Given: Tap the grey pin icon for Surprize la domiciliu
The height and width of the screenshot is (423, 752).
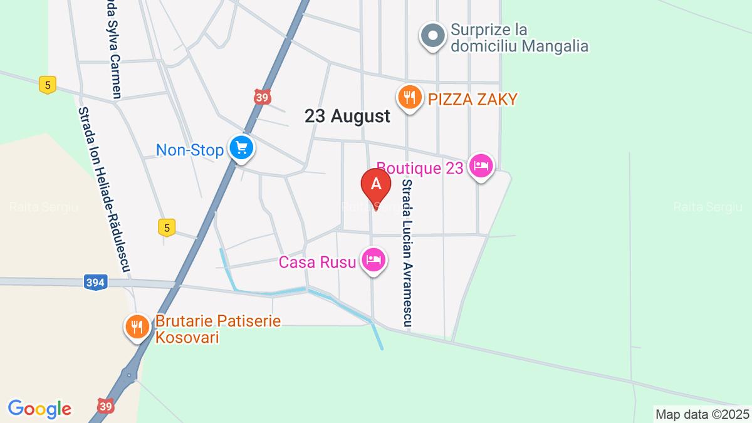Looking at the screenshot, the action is click(432, 35).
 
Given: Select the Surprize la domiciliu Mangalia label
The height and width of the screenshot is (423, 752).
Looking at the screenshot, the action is click(520, 38).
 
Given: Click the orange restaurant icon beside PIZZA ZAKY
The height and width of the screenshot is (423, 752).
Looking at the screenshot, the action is click(409, 98).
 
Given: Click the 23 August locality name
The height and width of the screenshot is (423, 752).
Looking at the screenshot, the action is click(347, 116).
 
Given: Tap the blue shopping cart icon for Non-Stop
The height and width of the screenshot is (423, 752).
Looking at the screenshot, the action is click(241, 149).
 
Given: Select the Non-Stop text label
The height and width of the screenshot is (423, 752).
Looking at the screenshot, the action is click(190, 150).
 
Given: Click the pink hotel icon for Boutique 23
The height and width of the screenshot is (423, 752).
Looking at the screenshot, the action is click(481, 167).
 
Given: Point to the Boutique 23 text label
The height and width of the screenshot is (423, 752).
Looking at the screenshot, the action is click(420, 167).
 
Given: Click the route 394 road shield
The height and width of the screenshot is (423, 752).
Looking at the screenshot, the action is click(95, 283).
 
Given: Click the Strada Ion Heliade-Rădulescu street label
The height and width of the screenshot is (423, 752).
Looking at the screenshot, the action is click(103, 188).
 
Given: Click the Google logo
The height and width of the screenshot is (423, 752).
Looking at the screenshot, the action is click(39, 409).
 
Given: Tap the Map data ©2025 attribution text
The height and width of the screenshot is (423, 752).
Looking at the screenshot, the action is click(702, 414).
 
